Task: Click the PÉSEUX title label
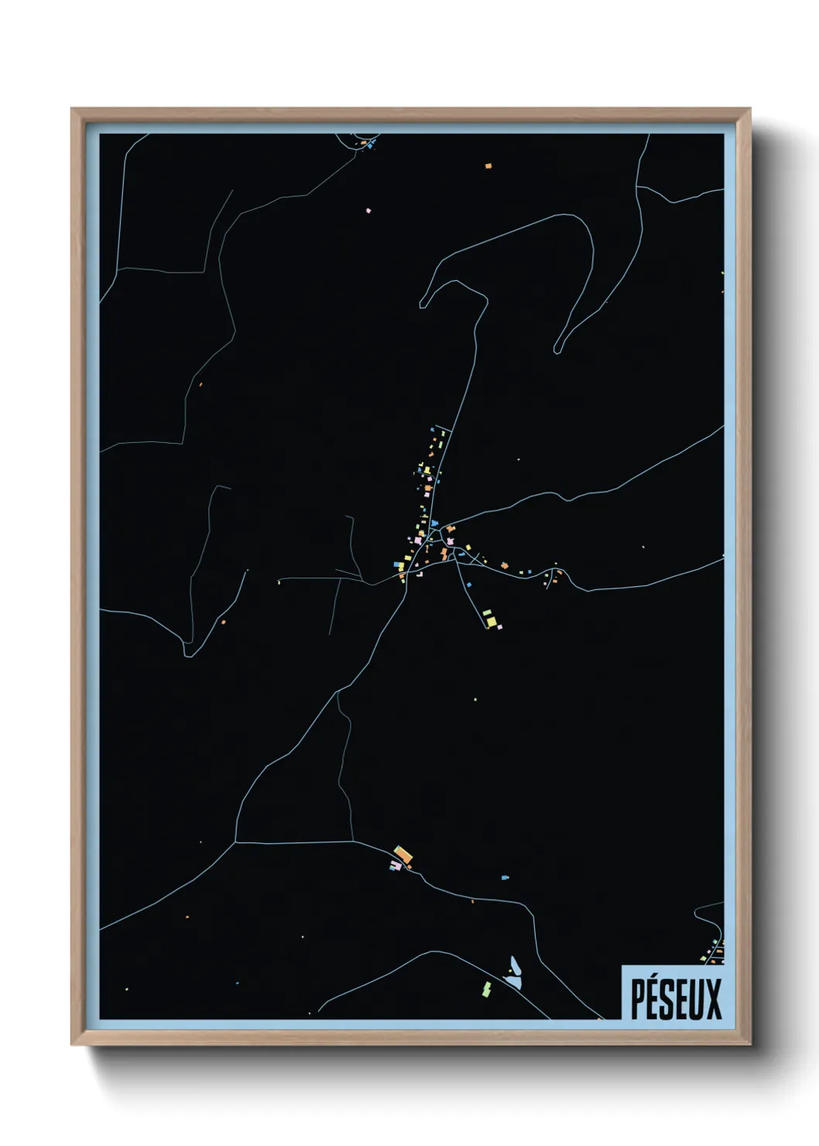coord(675,998)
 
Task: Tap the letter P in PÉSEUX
coord(639,999)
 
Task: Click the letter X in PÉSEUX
coord(712,999)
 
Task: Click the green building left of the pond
coord(487,989)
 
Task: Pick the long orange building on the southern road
coord(403,855)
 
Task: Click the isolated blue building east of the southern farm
coord(505,878)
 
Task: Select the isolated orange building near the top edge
coord(488,166)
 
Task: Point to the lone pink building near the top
coord(368,210)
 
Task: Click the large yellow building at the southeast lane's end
coord(491,620)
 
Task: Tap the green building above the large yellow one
coord(487,612)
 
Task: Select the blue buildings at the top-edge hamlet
coord(371,144)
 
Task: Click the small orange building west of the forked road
coord(222,621)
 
